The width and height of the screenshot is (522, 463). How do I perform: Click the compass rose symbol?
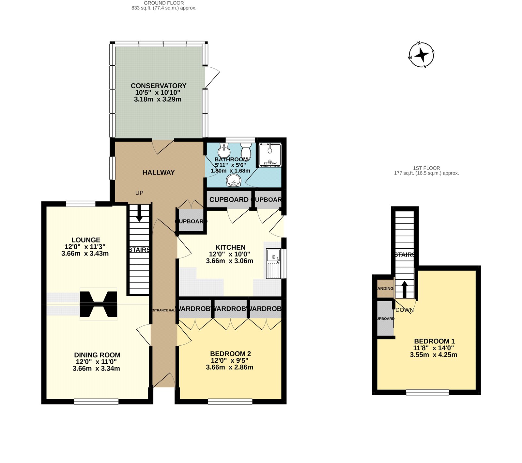[x=422, y=55]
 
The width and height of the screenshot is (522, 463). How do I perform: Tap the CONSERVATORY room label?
[x=159, y=86]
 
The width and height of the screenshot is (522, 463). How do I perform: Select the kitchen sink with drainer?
[x=273, y=263]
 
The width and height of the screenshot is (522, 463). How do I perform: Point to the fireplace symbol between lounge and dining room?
[x=98, y=304]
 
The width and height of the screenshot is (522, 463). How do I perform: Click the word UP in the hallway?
[x=139, y=193]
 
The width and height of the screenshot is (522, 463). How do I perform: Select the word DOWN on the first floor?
[x=405, y=310]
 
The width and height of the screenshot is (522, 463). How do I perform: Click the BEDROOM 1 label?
[x=434, y=341]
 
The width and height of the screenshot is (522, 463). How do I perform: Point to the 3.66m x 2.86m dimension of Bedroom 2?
[x=230, y=367]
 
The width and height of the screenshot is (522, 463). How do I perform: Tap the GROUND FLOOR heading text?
[x=164, y=3]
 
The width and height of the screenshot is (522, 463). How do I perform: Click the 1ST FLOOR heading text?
[x=426, y=168]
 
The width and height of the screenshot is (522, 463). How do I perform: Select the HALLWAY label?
[x=159, y=173]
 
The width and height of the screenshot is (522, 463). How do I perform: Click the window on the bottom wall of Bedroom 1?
[x=427, y=392]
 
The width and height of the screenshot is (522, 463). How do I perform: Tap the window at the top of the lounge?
[x=81, y=204]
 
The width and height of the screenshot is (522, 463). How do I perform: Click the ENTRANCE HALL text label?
[x=164, y=310]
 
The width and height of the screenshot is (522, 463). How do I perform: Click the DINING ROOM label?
[x=97, y=355]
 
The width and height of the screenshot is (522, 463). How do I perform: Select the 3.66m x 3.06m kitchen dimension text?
[x=230, y=261]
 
